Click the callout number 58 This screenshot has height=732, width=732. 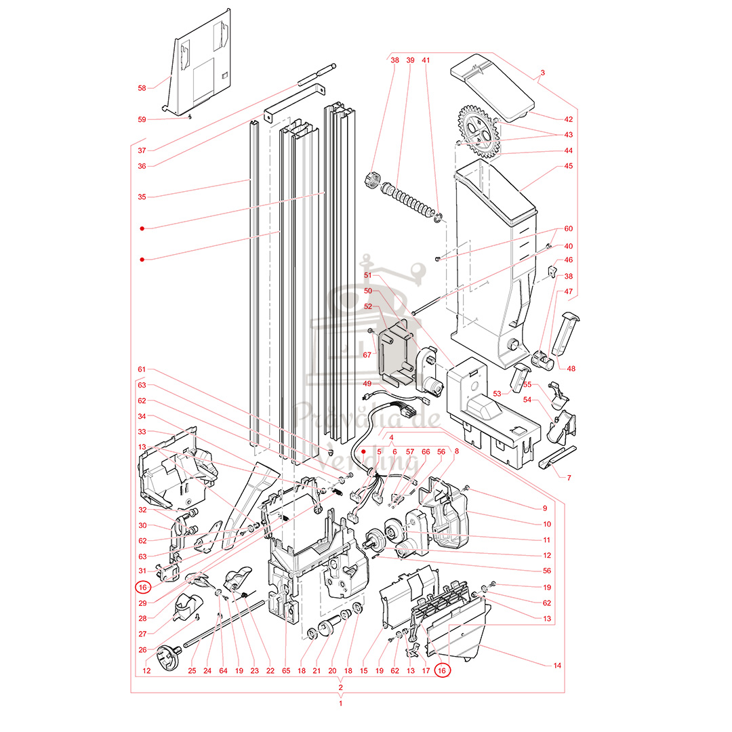142,88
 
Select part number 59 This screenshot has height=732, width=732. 142,119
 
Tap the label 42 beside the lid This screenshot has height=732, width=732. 568,119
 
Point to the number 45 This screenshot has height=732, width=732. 568,166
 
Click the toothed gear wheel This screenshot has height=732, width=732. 478,131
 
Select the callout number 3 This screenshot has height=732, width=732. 542,73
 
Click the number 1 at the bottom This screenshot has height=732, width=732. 340,703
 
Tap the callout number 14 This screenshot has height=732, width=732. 557,666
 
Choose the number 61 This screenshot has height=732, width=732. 142,369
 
